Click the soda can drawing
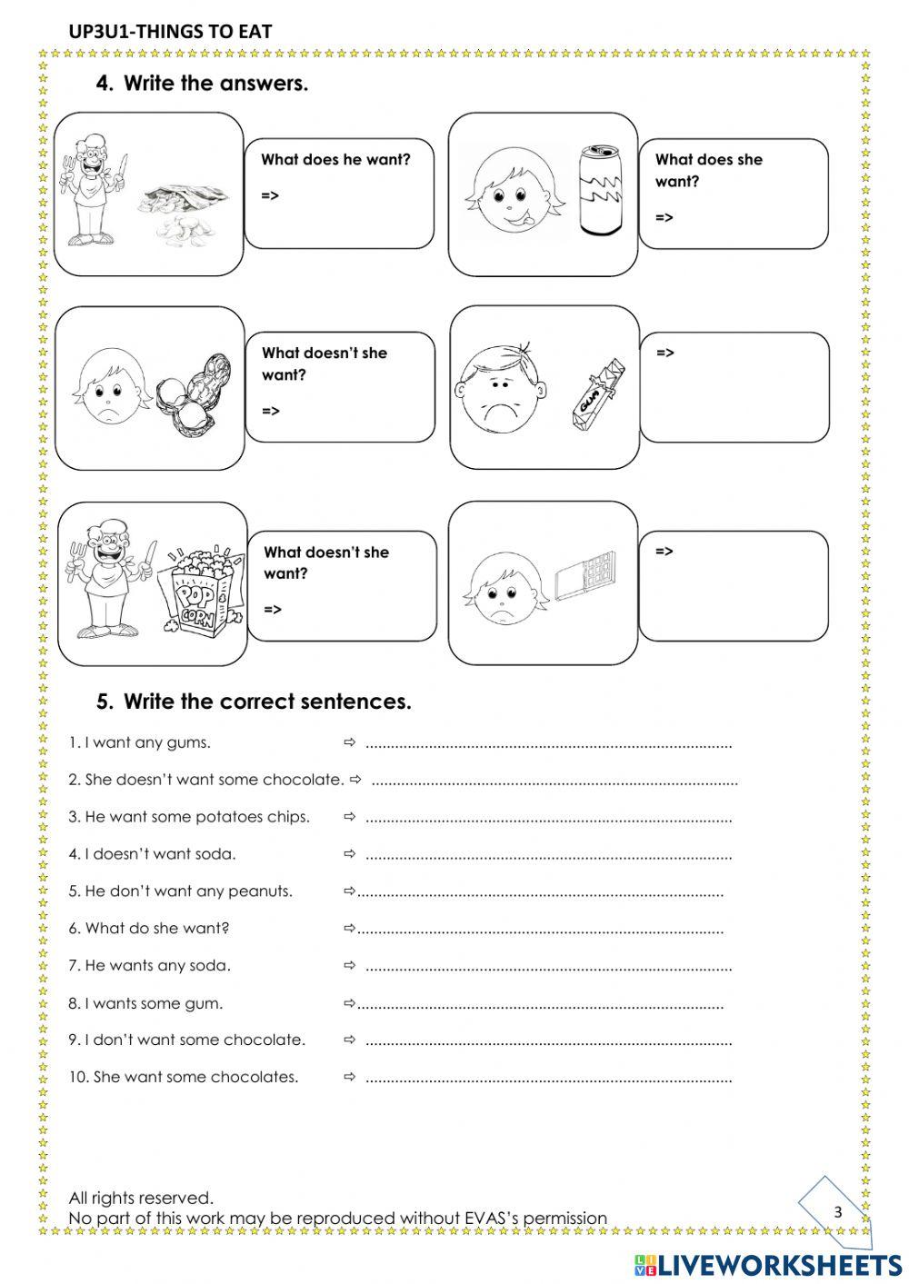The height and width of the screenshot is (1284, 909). pyautogui.click(x=598, y=191)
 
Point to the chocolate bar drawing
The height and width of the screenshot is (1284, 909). pyautogui.click(x=585, y=576)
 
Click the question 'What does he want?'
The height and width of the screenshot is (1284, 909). pyautogui.click(x=335, y=160)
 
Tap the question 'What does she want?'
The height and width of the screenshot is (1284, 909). pyautogui.click(x=708, y=170)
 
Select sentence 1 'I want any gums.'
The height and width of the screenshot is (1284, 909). pyautogui.click(x=139, y=742)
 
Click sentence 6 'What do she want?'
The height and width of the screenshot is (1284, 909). pyautogui.click(x=149, y=928)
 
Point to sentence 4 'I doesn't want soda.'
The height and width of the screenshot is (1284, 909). pyautogui.click(x=152, y=854)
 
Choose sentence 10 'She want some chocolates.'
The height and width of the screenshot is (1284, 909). pyautogui.click(x=184, y=1077)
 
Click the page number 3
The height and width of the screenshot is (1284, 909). pyautogui.click(x=837, y=1211)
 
